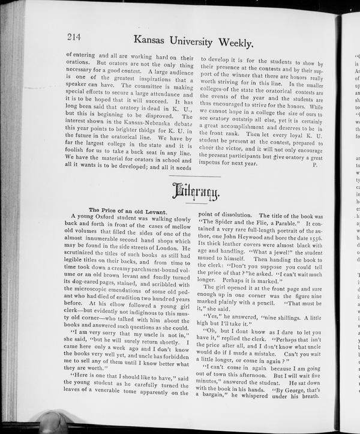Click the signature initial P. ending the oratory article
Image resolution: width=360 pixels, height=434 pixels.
pyautogui.click(x=314, y=163)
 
